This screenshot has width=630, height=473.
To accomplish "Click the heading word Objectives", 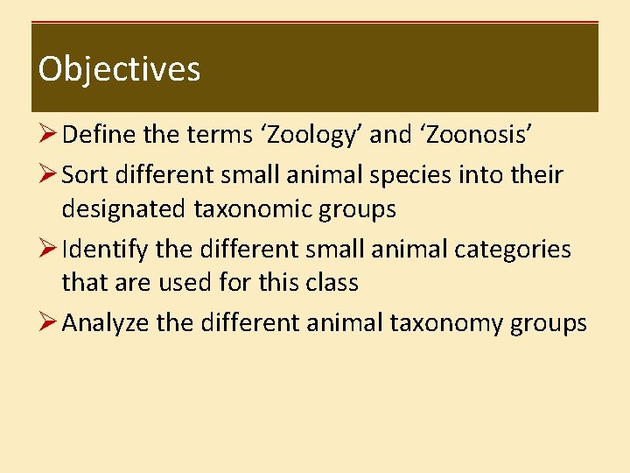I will pyautogui.click(x=119, y=69).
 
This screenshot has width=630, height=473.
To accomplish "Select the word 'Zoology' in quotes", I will pyautogui.click(x=311, y=136).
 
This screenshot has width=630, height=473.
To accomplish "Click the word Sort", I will pyautogui.click(x=84, y=174).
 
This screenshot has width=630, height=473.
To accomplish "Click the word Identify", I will pyautogui.click(x=105, y=249).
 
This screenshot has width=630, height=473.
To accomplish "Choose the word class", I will pyautogui.click(x=325, y=283).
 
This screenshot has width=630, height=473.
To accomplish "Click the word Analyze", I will pyautogui.click(x=106, y=323).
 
